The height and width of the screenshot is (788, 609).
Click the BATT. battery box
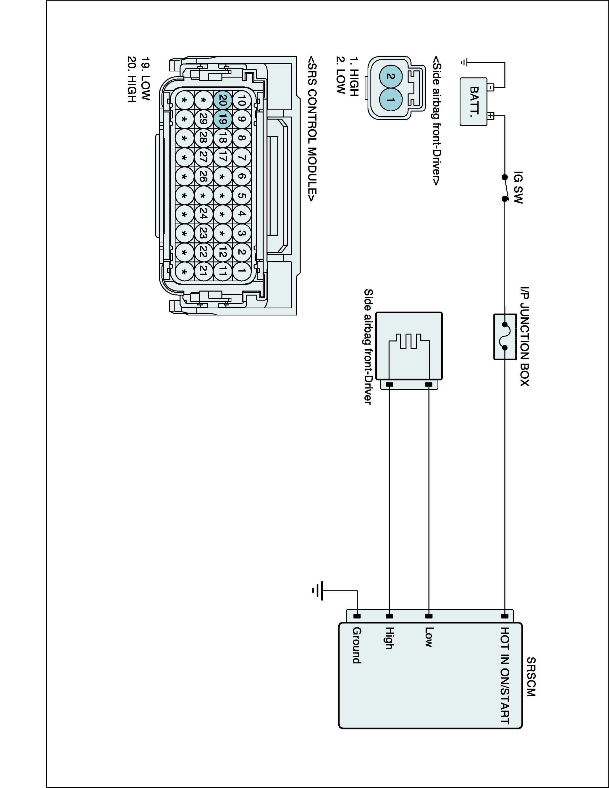(x=474, y=102)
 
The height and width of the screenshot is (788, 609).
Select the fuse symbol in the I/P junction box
(x=504, y=336)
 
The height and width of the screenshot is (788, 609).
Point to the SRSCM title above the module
(x=531, y=677)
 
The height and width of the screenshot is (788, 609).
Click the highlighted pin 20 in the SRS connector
(x=223, y=100)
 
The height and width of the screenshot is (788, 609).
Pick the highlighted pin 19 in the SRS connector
(x=223, y=119)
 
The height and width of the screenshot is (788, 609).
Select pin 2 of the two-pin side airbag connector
(x=390, y=76)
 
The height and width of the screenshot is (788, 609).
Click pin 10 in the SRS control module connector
(x=242, y=100)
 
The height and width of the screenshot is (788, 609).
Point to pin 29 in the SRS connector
(x=203, y=119)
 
